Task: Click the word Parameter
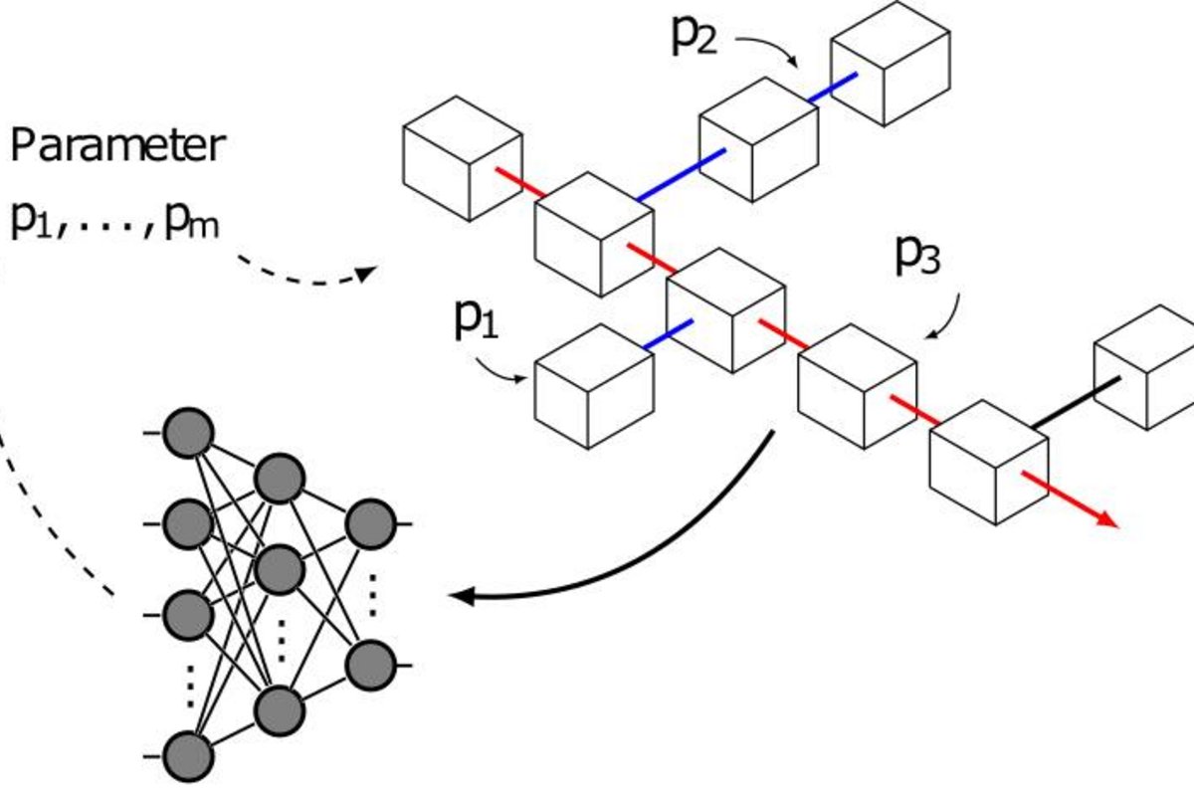pos(117,147)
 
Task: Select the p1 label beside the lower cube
pos(475,319)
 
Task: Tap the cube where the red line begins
pos(450,158)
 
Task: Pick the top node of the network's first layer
pos(188,434)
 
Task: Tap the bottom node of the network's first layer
pos(188,755)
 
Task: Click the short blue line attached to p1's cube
pos(668,335)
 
